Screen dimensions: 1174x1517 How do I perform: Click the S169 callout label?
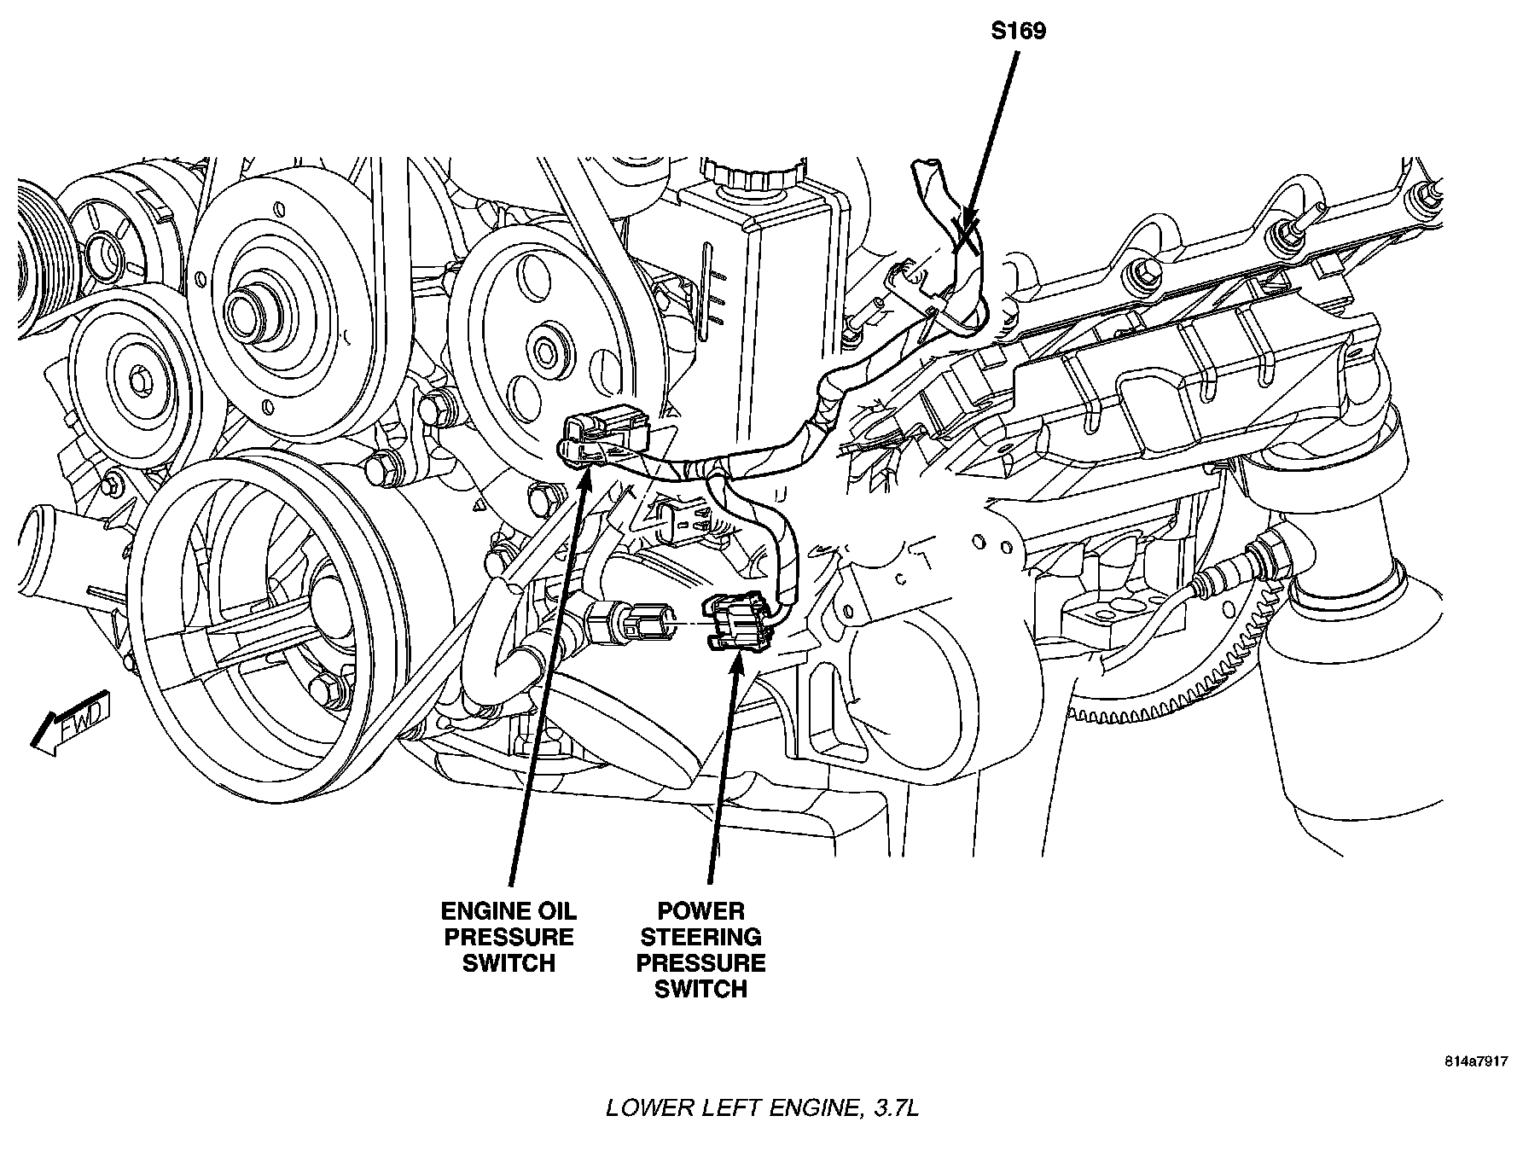(x=1018, y=32)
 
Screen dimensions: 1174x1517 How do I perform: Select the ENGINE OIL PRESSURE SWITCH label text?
(x=509, y=937)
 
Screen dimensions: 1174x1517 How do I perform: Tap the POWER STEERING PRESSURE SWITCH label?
(x=700, y=950)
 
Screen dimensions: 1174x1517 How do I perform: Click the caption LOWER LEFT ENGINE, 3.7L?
(x=762, y=1108)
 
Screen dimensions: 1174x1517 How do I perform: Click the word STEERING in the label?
(x=700, y=937)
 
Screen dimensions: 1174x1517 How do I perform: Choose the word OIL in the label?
(x=557, y=911)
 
